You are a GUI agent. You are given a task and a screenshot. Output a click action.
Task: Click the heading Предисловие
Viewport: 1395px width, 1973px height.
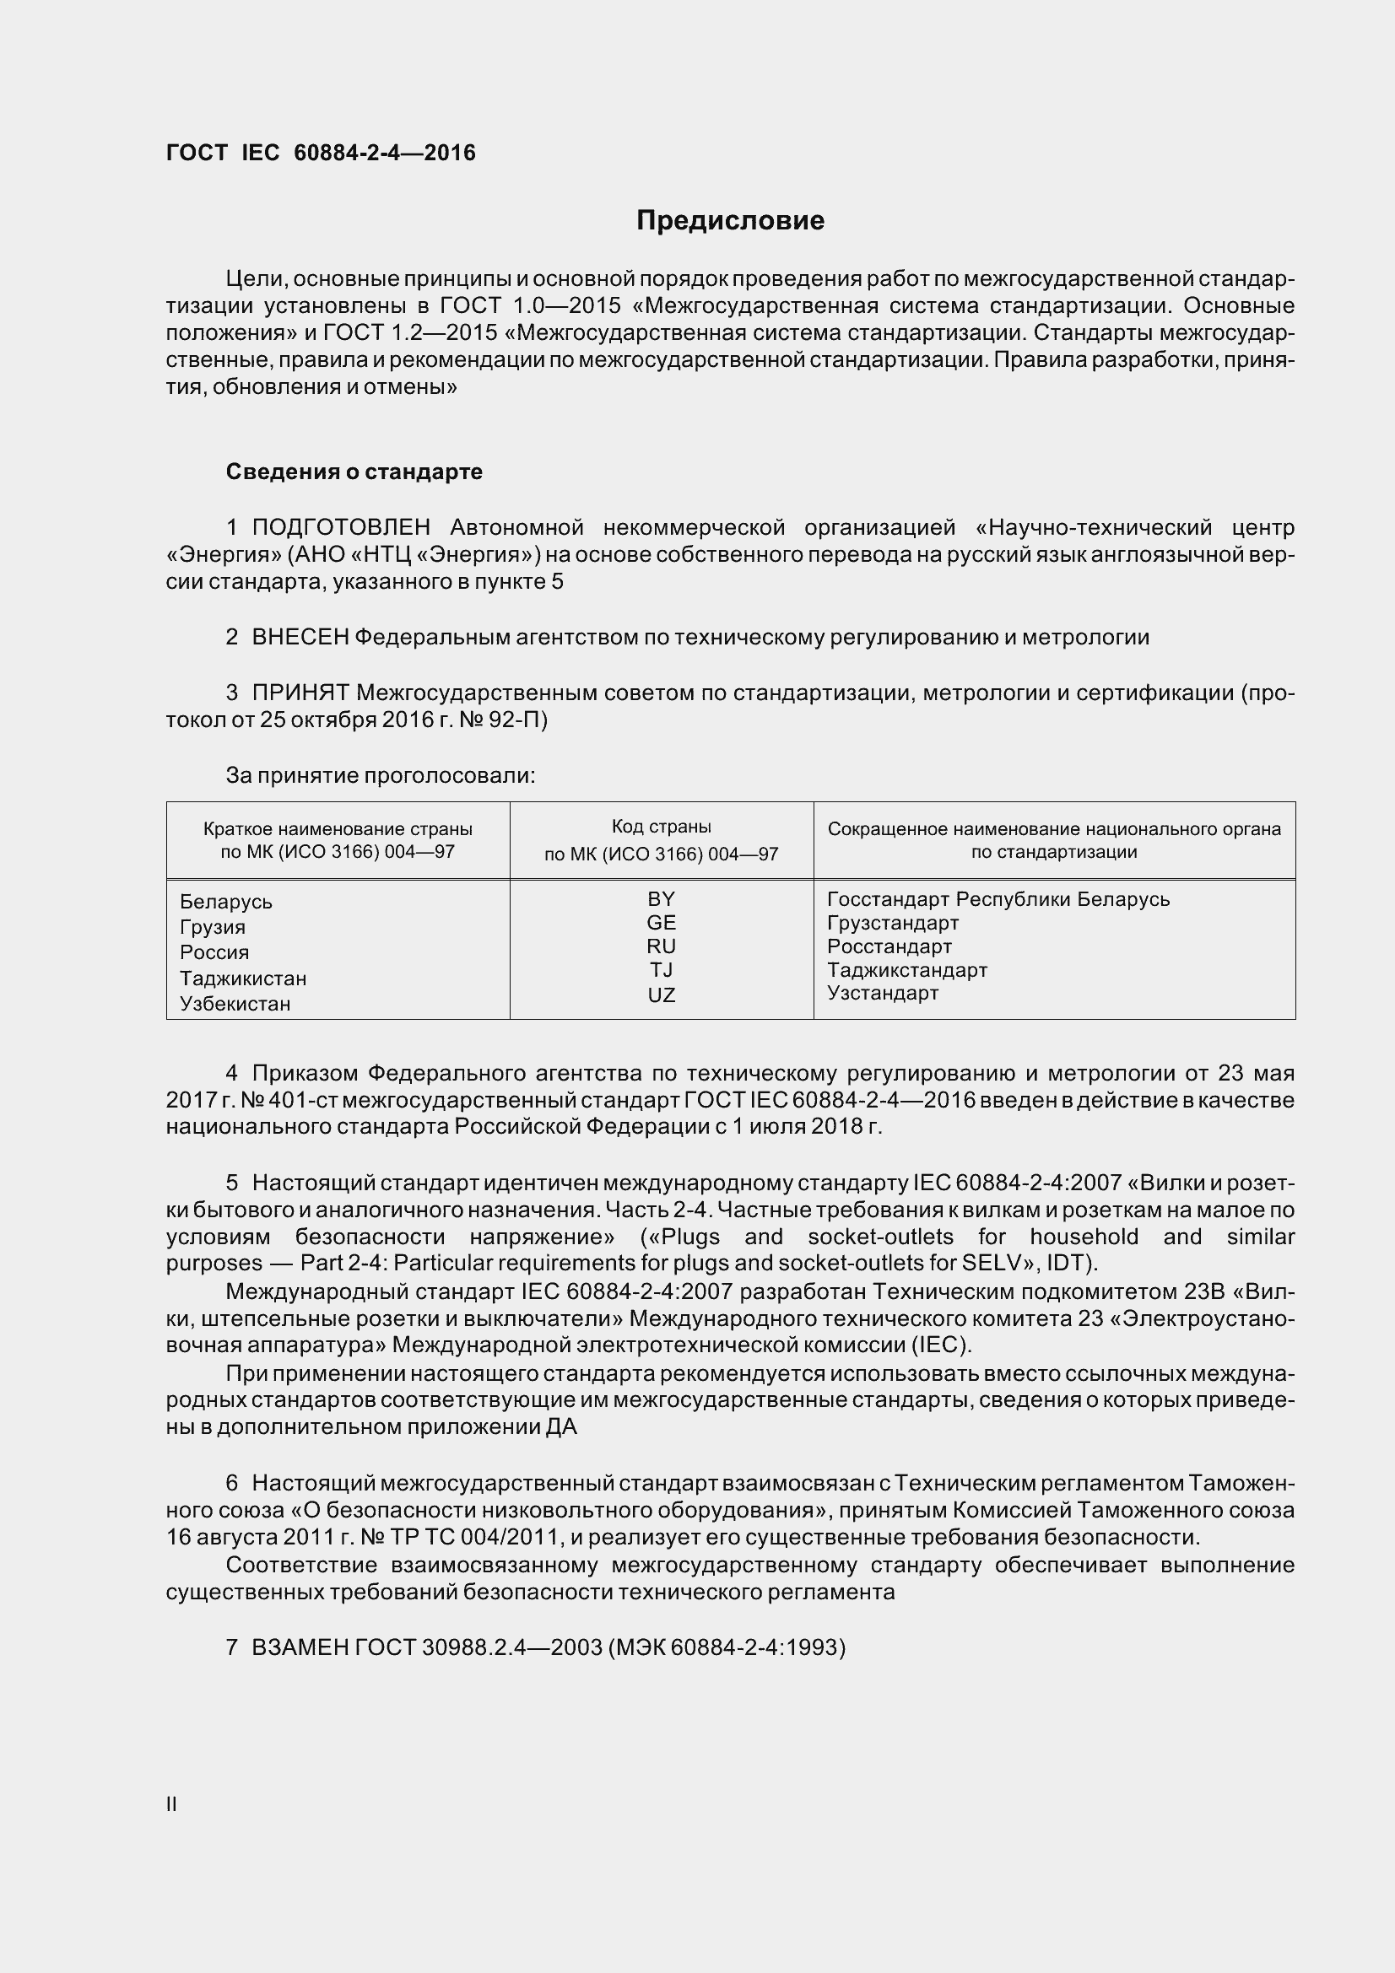730,221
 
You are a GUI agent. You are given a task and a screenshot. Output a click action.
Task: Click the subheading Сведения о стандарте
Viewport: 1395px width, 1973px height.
354,472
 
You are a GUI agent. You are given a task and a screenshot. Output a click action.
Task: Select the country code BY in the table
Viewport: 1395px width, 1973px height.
661,899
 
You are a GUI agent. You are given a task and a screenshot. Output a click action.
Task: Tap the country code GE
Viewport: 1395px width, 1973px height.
661,923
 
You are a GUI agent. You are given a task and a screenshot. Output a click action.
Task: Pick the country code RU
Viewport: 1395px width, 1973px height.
661,946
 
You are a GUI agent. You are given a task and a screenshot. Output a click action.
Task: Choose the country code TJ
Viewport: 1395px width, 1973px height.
661,970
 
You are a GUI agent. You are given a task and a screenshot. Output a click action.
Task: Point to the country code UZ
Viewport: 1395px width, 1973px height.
661,995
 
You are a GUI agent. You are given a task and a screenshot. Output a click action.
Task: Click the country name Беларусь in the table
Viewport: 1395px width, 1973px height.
226,903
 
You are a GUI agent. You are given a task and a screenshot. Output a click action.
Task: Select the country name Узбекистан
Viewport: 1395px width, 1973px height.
235,1004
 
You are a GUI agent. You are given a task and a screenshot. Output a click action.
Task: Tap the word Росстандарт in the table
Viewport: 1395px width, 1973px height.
889,946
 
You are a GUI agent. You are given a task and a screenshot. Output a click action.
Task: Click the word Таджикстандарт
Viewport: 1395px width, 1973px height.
907,970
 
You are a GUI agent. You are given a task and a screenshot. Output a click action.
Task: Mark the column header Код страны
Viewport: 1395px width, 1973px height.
661,827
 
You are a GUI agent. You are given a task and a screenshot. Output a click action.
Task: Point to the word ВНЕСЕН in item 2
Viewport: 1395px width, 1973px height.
300,637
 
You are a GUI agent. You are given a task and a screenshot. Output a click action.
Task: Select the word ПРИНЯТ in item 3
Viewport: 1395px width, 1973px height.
300,693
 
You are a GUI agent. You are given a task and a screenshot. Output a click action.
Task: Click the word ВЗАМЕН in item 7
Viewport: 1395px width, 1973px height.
300,1647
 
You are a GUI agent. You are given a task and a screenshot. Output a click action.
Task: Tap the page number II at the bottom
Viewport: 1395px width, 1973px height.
171,1804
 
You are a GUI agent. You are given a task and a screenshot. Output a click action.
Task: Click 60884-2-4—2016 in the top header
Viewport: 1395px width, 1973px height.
384,153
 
